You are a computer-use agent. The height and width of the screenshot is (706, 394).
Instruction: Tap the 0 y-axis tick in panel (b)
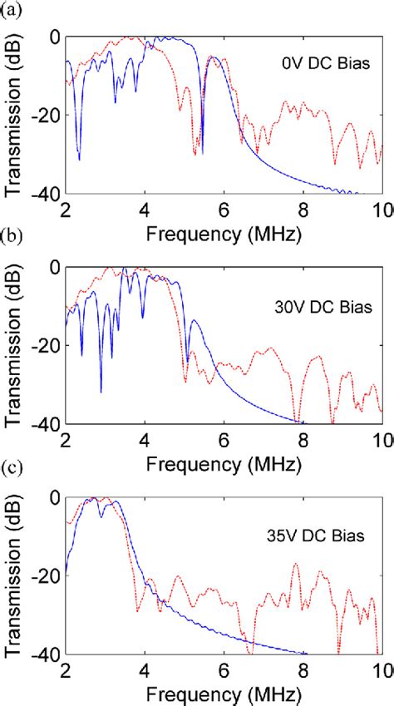[55, 268]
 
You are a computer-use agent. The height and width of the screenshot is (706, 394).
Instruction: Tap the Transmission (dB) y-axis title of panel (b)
[14, 345]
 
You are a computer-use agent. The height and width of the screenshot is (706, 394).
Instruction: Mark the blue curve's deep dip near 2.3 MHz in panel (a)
[79, 158]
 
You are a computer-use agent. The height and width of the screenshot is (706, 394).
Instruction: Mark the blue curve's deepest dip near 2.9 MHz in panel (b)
[101, 391]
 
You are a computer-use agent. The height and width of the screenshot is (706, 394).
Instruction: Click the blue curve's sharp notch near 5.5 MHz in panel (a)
[202, 152]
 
